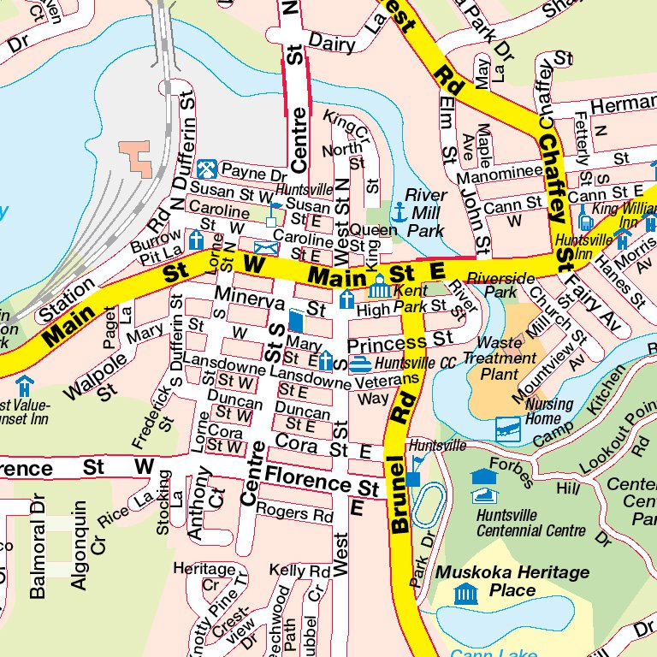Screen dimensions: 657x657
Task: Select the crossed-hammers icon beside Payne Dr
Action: (205, 169)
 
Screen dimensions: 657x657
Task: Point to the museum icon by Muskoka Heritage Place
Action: (465, 593)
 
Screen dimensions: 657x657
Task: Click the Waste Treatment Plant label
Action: (500, 358)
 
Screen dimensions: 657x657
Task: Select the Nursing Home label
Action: (549, 411)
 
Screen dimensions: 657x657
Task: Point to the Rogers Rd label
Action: (295, 513)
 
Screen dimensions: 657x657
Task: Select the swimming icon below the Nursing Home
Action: (508, 428)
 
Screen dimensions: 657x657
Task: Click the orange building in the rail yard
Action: (134, 155)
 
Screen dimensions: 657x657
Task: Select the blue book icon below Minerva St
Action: (295, 321)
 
